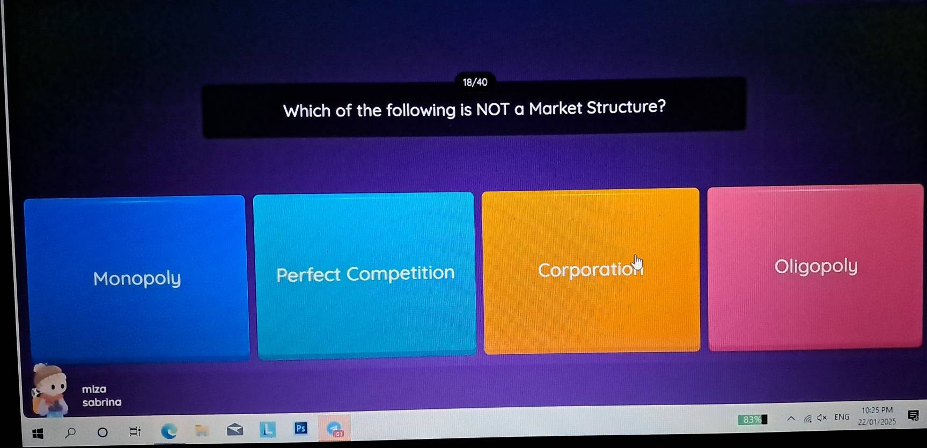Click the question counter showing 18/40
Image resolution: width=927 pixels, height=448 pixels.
click(475, 82)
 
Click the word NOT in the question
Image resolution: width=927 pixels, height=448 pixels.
click(492, 109)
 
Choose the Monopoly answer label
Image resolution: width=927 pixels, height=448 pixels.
click(137, 278)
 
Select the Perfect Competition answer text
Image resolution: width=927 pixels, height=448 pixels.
click(365, 274)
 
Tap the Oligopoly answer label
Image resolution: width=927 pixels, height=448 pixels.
click(815, 266)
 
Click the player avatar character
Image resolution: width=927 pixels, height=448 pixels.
click(49, 390)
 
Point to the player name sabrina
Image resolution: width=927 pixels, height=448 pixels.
click(102, 402)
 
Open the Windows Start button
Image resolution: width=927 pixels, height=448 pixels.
click(38, 434)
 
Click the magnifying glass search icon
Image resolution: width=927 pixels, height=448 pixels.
click(70, 432)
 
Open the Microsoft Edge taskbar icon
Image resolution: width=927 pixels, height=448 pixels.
click(169, 431)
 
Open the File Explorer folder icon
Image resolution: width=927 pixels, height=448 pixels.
click(202, 430)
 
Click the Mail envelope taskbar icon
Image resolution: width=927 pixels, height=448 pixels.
click(235, 430)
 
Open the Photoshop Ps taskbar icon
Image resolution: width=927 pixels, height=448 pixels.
click(301, 428)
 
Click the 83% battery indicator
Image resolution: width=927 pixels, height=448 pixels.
click(752, 420)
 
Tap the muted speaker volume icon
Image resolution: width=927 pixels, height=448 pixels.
click(822, 417)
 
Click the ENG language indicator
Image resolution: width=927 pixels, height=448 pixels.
click(842, 417)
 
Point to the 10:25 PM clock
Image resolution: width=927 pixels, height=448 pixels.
click(877, 410)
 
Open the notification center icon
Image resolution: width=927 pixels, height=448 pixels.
click(913, 415)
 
